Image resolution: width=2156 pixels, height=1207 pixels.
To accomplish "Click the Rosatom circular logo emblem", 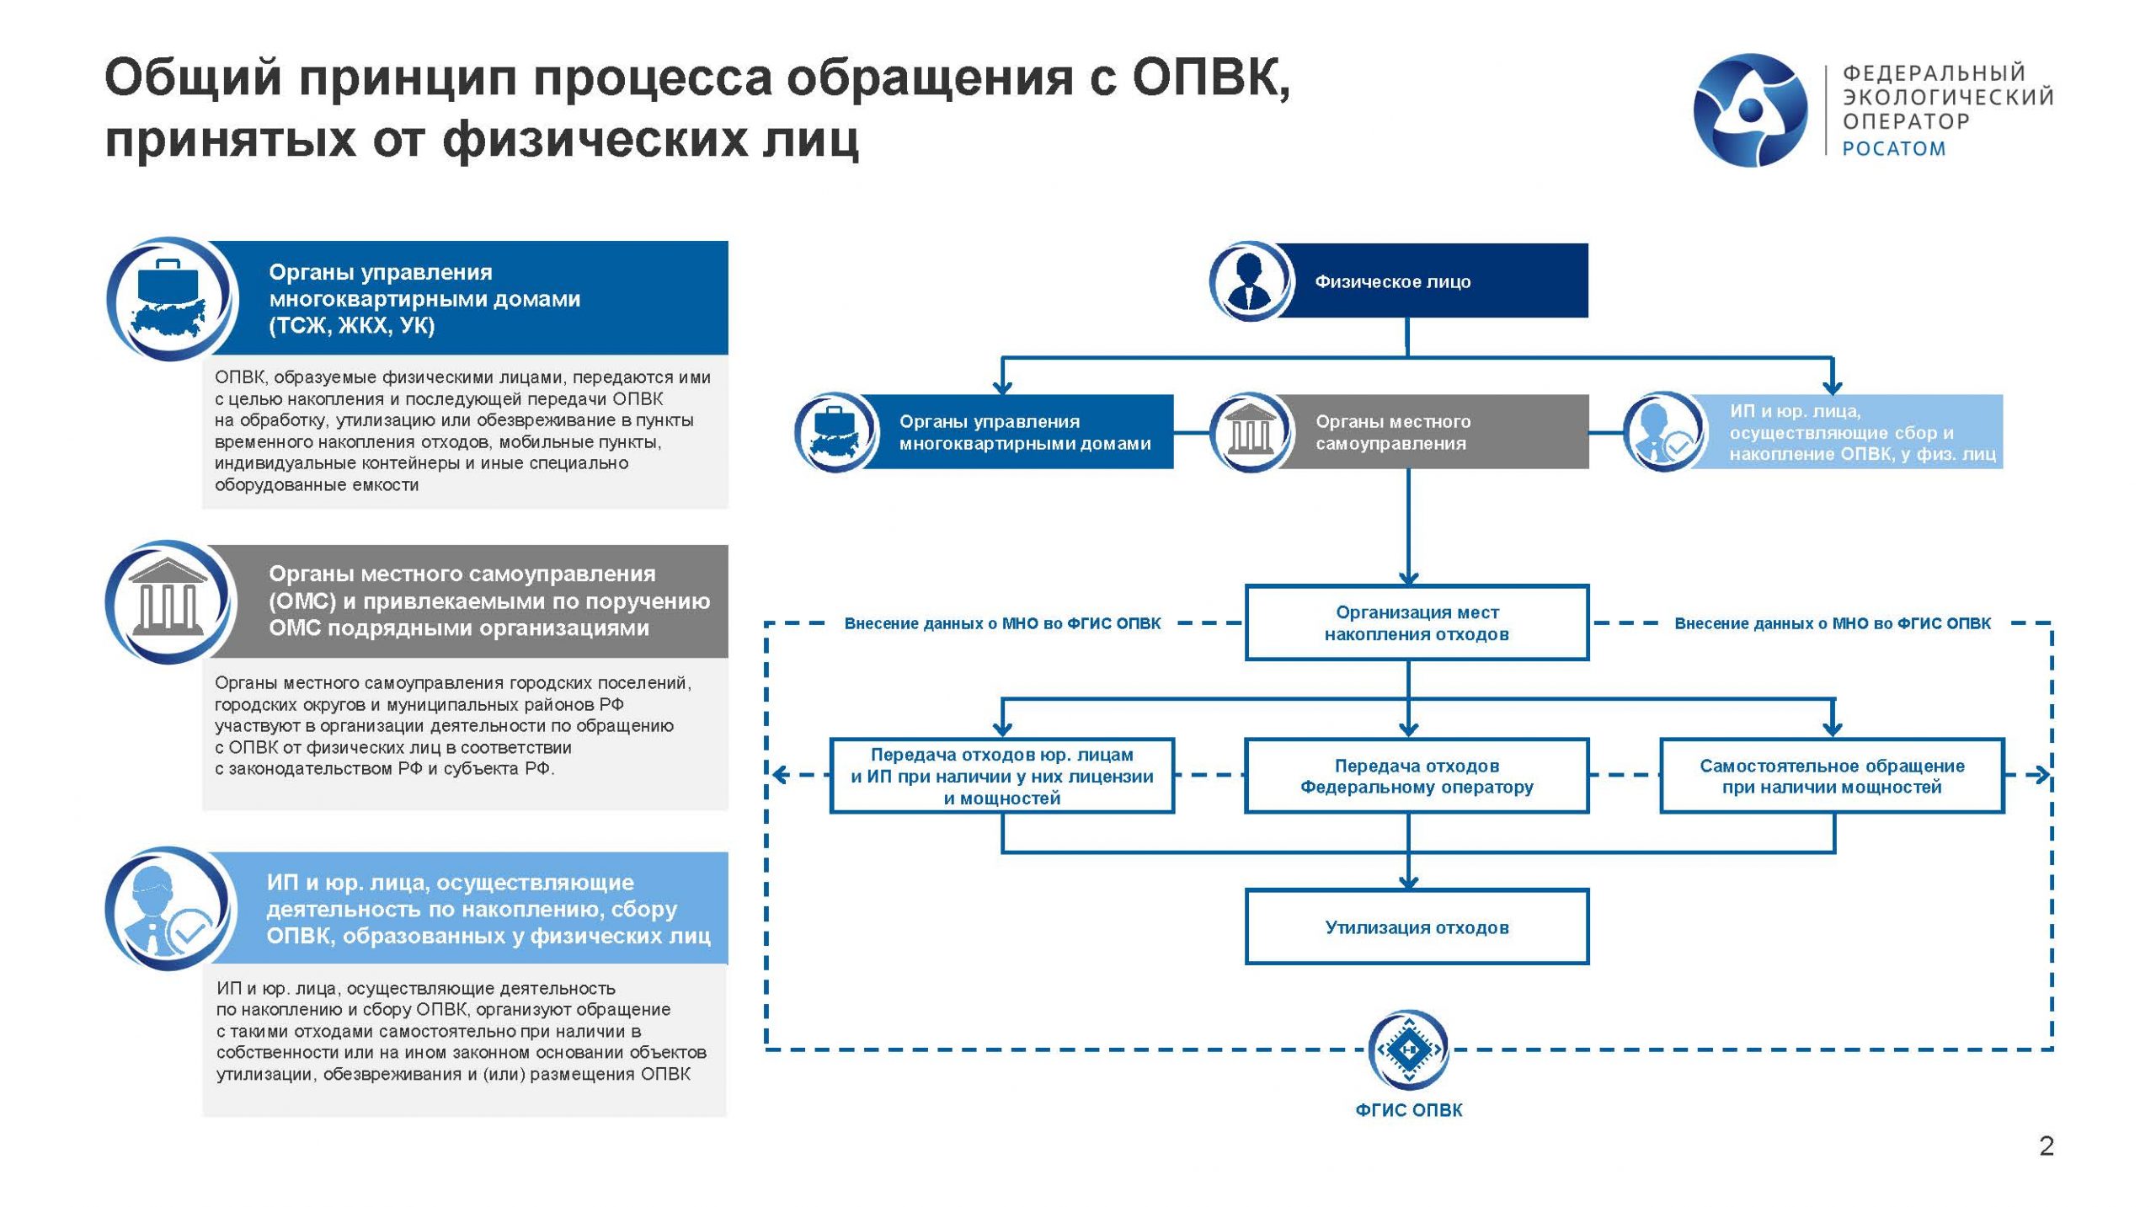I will tap(1750, 109).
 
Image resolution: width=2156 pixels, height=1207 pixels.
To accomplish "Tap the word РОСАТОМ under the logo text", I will tap(1893, 149).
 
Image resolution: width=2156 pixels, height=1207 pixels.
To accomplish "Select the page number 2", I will tap(2047, 1146).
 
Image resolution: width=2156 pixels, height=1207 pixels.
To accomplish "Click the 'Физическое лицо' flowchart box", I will tap(1432, 281).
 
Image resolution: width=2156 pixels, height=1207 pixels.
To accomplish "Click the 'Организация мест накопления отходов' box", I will tap(1417, 623).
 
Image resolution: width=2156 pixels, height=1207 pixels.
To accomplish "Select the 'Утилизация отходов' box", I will tap(1417, 927).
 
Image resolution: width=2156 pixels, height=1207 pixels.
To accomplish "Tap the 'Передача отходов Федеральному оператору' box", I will tap(1417, 777).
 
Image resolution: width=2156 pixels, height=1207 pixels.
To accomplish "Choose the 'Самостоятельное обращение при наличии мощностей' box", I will tap(1832, 777).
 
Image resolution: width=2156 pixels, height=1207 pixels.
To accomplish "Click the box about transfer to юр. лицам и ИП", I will tap(1001, 777).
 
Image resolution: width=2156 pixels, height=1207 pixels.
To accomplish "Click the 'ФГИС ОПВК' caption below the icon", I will tap(1408, 1110).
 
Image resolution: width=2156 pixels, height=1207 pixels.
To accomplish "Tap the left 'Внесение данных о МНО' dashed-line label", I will tap(1002, 624).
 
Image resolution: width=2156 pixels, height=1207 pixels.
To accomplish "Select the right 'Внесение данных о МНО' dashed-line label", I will tap(1833, 624).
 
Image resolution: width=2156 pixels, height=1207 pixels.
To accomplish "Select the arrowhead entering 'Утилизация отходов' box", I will tap(1408, 883).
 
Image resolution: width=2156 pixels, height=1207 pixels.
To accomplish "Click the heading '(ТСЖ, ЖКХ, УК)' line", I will tap(352, 326).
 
